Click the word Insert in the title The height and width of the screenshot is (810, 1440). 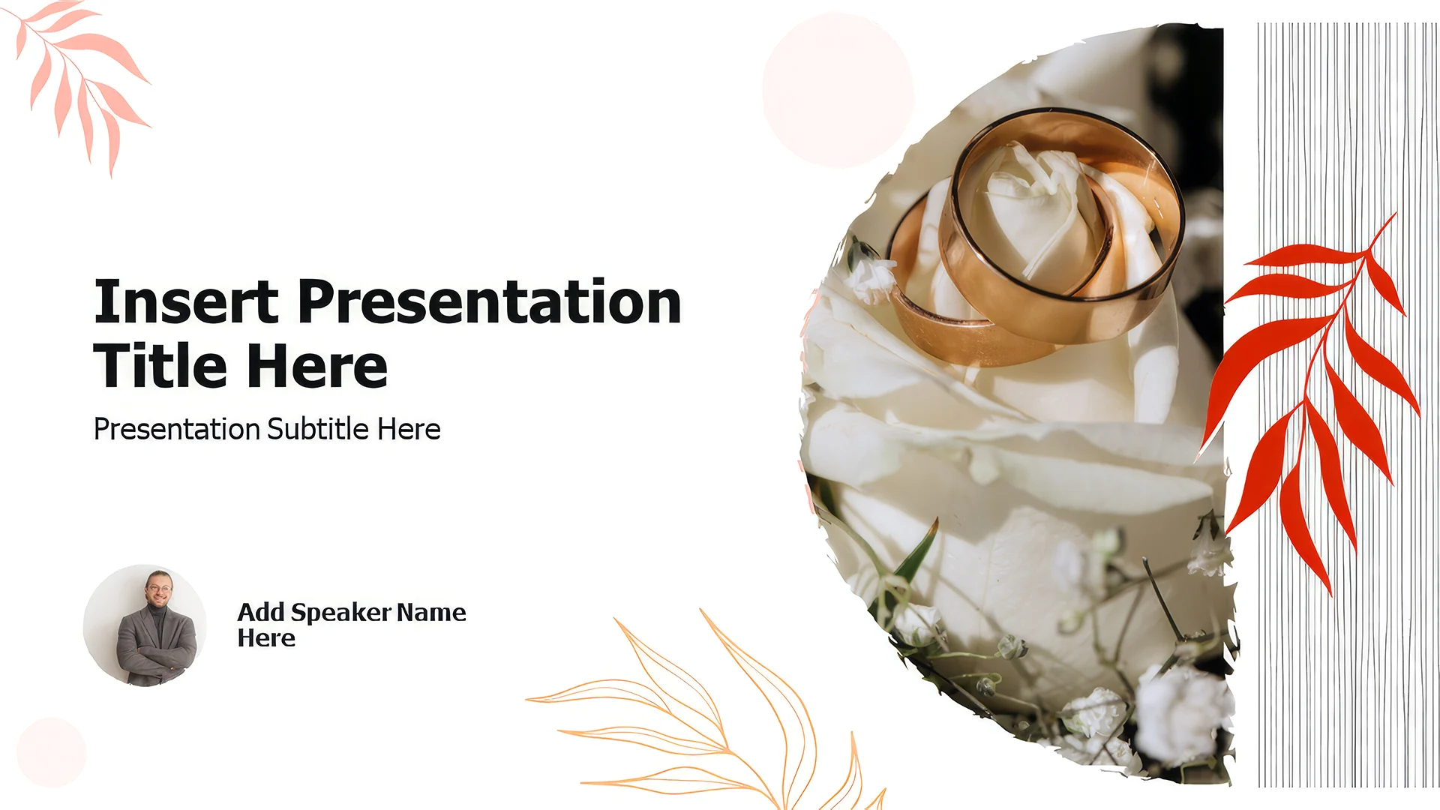(x=186, y=301)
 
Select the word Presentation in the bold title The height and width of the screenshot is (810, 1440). (x=490, y=301)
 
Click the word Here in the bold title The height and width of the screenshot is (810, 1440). (x=317, y=366)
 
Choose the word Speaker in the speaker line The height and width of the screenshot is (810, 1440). (x=341, y=613)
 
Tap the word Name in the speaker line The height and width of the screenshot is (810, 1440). (x=431, y=612)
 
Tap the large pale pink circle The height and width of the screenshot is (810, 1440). (x=838, y=90)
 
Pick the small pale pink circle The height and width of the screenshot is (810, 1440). (x=51, y=751)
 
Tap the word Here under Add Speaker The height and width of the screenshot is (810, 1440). (x=266, y=638)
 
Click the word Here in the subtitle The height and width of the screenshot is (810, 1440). (x=409, y=429)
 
